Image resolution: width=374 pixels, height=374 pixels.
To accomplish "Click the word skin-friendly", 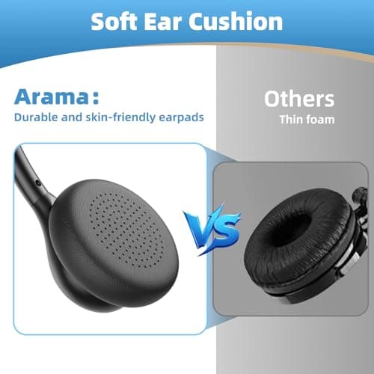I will (121, 117).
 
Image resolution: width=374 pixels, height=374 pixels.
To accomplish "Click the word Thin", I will (292, 119).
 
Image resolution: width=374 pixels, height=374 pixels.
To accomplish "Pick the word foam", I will (319, 119).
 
